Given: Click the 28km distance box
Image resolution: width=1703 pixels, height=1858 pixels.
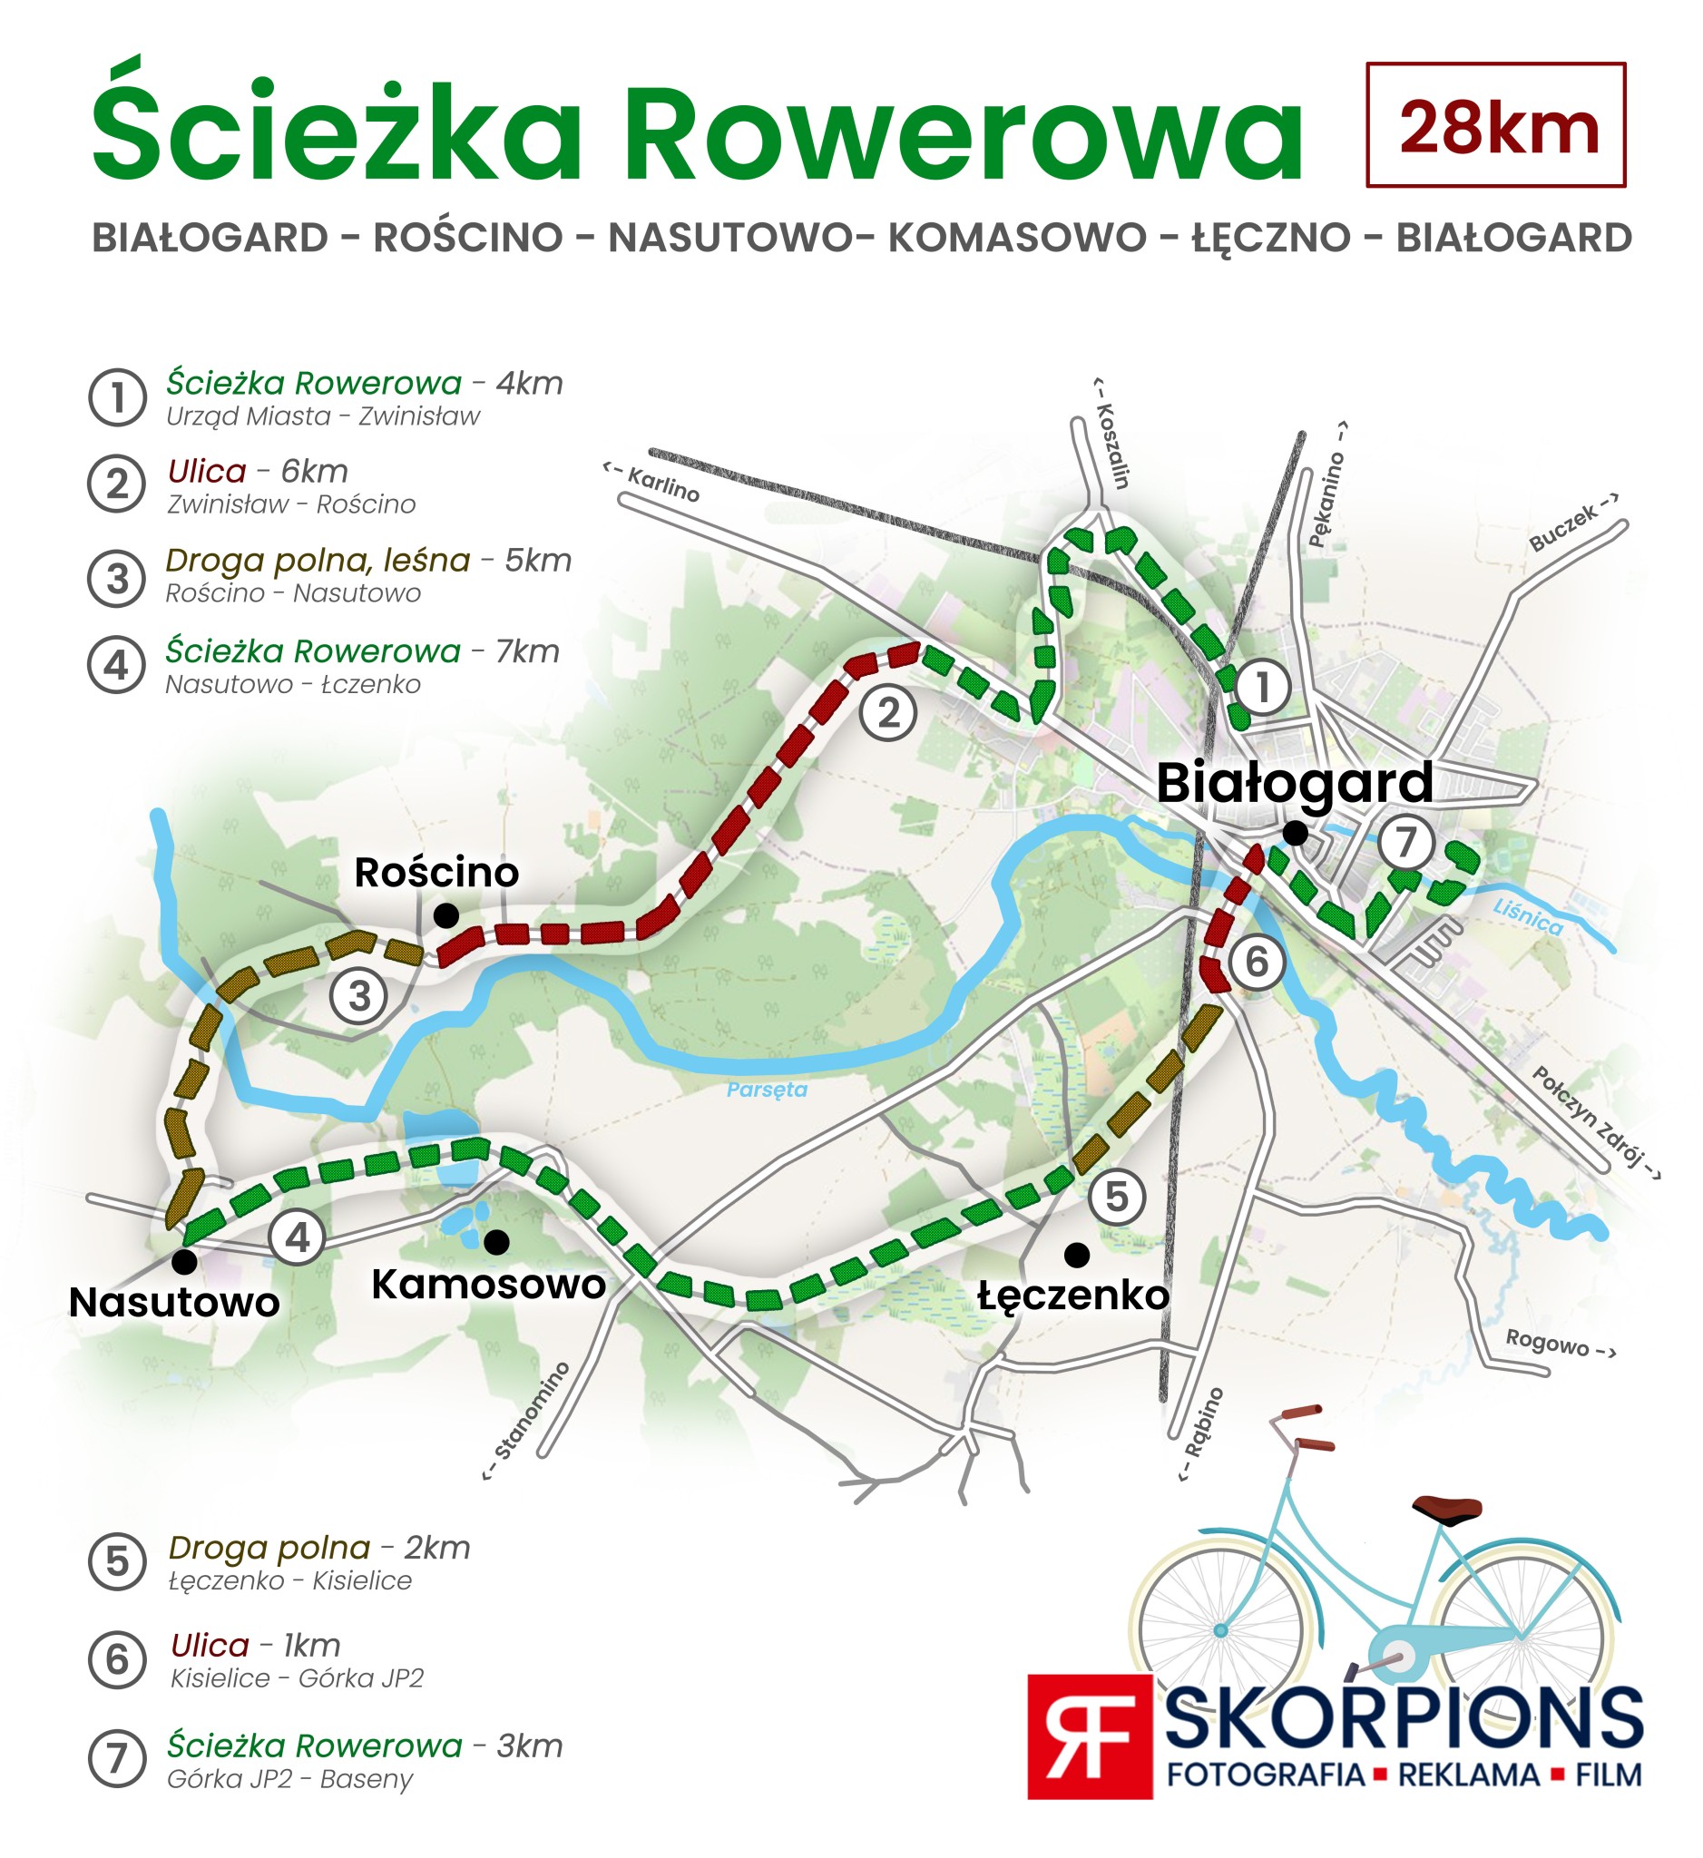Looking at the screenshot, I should coord(1494,125).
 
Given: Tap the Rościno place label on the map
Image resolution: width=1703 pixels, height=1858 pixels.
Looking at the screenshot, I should coord(436,873).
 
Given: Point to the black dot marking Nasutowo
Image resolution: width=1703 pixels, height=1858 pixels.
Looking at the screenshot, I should coord(185,1259).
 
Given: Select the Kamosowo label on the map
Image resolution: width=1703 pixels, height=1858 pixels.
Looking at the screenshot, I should coord(488,1284).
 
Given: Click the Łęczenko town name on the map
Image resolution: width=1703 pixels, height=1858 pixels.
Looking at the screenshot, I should coord(1072,1295).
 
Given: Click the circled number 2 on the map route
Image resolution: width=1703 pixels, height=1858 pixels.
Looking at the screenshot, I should coord(887,713).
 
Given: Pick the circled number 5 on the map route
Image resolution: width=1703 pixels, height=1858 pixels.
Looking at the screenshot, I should coord(1116,1198).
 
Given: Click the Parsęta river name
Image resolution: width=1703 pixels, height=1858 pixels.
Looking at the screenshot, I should coord(767,1090).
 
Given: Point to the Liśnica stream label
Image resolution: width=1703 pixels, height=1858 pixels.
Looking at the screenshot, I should coord(1528,917).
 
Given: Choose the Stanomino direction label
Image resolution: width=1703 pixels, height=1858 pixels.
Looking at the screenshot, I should coord(528,1422).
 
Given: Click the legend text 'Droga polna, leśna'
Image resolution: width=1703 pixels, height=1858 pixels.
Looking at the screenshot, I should coord(318,561).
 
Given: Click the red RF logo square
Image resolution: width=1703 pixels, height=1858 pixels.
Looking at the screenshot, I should coord(1090,1736).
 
